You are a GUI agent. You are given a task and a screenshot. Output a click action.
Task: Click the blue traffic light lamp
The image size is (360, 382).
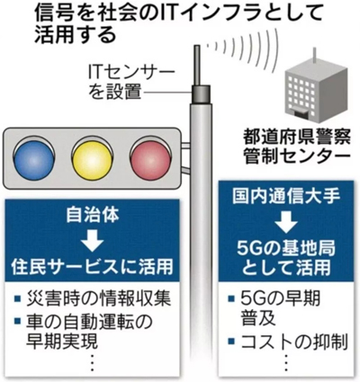click(x=34, y=159)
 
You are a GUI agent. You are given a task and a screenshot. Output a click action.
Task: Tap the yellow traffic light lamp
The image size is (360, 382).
click(x=92, y=159)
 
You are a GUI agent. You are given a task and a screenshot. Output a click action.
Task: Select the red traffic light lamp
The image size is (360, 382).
click(x=150, y=159)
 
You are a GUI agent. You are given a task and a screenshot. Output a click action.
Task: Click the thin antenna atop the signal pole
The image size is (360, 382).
click(x=197, y=66)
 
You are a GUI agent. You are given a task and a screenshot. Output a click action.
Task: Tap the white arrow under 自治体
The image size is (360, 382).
click(x=92, y=240)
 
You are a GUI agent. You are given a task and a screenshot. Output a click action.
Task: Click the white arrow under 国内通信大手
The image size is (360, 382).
click(x=286, y=222)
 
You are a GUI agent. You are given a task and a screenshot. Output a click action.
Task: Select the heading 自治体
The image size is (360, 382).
click(x=93, y=215)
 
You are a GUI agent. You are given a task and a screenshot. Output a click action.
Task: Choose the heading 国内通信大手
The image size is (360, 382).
click(x=286, y=196)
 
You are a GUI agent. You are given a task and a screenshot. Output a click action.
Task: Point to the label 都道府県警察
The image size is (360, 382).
click(x=296, y=138)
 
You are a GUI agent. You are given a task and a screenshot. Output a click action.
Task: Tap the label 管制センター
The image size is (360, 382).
click(x=296, y=157)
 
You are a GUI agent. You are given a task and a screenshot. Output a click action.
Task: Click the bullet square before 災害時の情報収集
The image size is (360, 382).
click(x=18, y=298)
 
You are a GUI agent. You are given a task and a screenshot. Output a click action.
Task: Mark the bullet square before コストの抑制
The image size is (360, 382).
click(x=231, y=341)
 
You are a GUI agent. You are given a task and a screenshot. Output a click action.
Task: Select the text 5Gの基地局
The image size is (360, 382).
click(x=286, y=248)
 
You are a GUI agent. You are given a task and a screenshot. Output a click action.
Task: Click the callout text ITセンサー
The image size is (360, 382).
click(x=131, y=73)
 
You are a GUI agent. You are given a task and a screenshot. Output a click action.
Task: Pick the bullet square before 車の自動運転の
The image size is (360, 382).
click(x=18, y=321)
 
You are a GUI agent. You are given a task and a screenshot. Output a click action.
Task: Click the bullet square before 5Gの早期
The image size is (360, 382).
click(x=231, y=298)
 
